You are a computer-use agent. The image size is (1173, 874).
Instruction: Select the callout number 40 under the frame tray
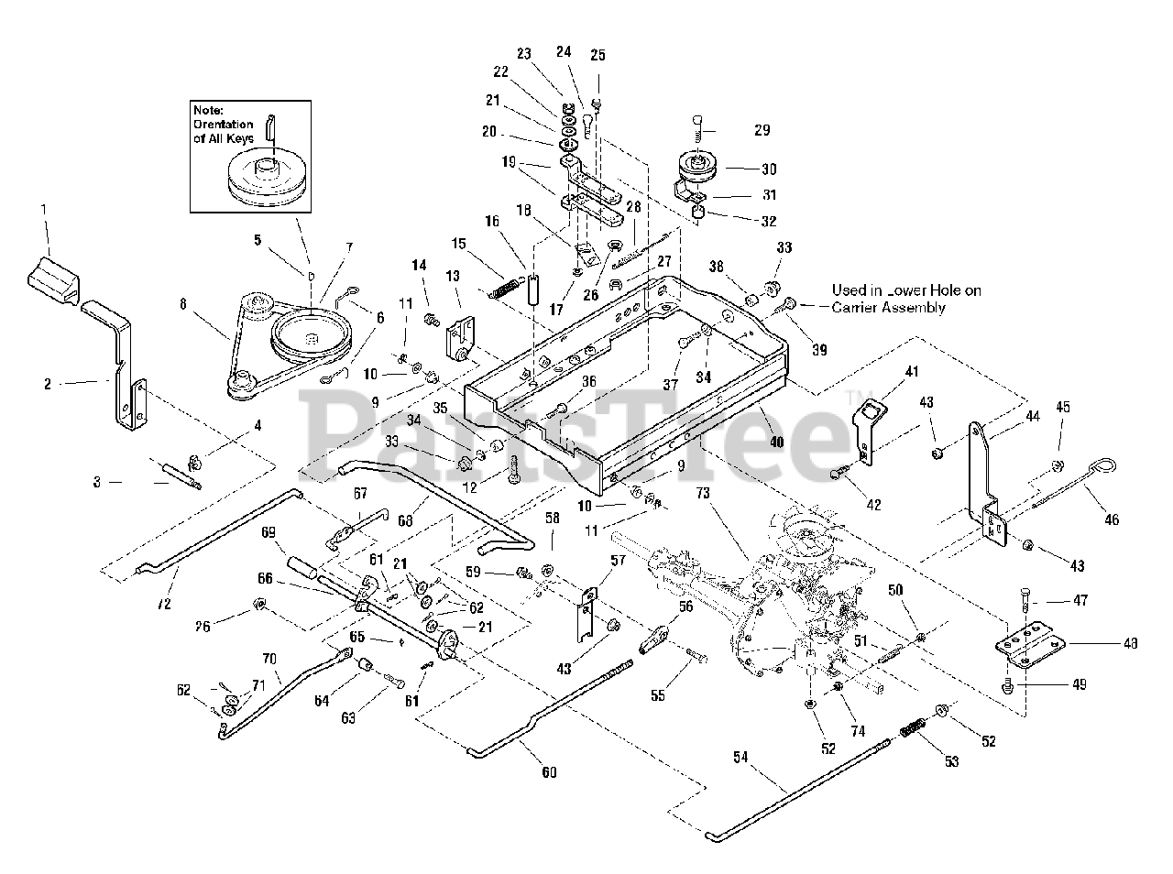(776, 442)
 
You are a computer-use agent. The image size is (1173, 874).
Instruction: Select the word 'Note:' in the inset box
(208, 109)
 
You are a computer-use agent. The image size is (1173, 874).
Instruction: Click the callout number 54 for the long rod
(741, 757)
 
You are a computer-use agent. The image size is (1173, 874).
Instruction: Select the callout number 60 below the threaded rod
(549, 772)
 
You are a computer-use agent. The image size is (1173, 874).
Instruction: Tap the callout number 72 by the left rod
(165, 580)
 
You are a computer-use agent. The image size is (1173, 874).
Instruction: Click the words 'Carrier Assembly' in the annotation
(888, 308)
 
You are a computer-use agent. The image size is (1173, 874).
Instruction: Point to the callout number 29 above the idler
(762, 130)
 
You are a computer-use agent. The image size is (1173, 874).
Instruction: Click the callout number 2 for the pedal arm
(48, 385)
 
